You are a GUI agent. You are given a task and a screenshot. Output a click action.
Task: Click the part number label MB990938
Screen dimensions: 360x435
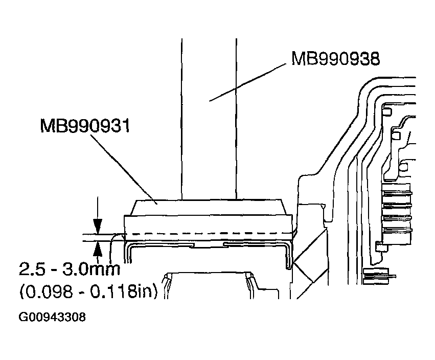[335, 58]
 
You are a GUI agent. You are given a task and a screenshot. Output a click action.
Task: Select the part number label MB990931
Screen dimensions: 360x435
[85, 125]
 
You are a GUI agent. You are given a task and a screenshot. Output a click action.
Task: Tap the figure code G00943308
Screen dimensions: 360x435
[52, 318]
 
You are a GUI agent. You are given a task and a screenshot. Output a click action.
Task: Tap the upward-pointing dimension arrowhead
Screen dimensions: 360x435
[97, 249]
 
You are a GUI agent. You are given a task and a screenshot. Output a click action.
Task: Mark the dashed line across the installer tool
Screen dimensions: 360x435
[204, 235]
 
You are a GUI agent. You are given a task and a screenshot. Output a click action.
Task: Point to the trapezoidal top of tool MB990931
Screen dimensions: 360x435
[207, 207]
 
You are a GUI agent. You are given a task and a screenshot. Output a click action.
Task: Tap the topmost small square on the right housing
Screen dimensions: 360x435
[387, 112]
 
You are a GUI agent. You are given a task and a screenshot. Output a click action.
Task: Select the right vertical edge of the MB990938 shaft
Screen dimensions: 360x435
[237, 118]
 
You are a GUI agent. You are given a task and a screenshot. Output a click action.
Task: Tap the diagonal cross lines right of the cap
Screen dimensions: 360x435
[309, 256]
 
